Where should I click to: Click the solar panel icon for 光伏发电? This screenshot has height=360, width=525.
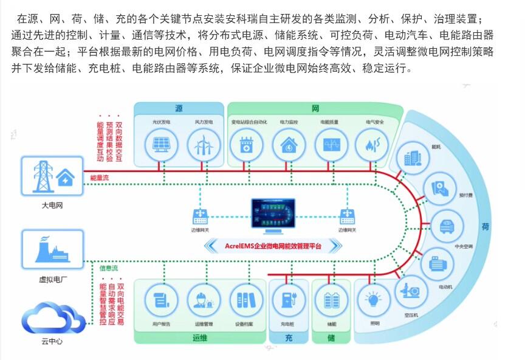[x=161, y=145]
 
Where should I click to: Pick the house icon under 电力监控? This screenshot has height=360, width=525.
[x=289, y=145]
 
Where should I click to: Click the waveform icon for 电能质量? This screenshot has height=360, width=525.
[x=331, y=145]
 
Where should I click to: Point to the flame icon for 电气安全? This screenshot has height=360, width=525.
[x=372, y=145]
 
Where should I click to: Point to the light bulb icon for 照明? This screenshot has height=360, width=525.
[x=372, y=299]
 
